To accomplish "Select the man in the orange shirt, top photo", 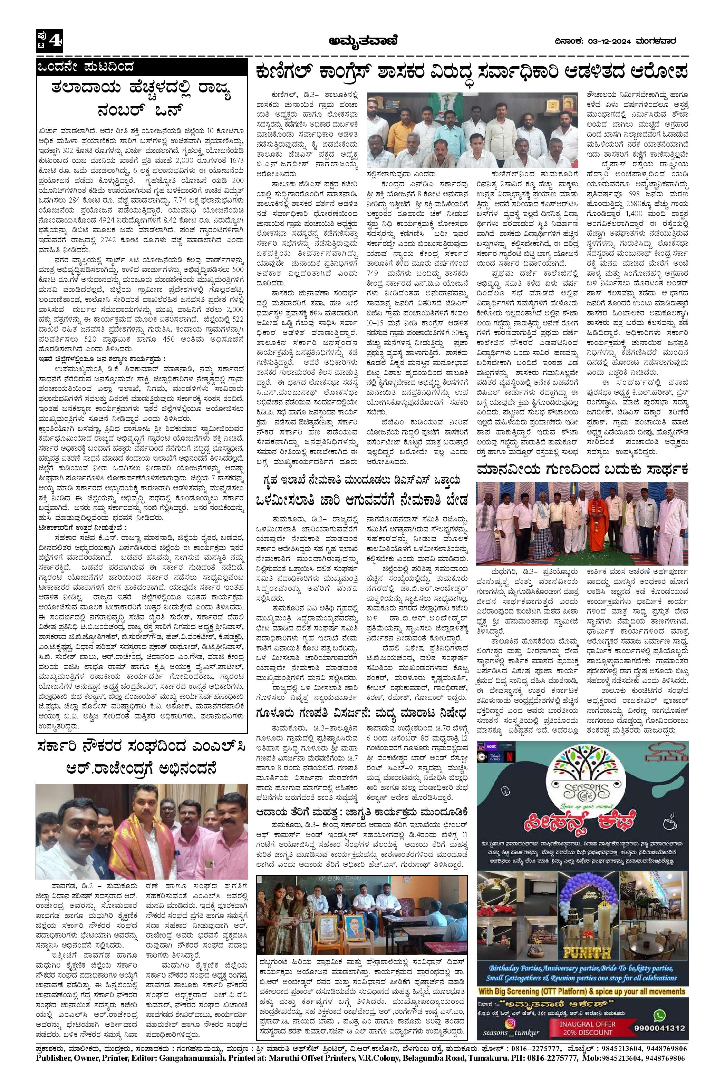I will click(391, 123).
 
